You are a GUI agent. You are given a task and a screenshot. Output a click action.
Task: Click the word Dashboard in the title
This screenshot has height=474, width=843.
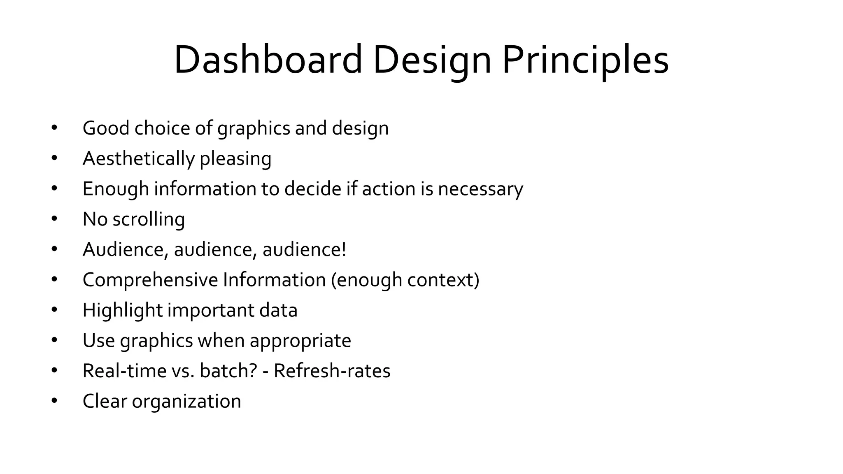[x=268, y=60]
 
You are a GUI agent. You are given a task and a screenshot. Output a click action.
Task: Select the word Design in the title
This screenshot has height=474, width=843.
[x=432, y=60]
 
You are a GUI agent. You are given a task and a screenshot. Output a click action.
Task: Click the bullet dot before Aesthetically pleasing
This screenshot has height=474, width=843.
[x=54, y=158]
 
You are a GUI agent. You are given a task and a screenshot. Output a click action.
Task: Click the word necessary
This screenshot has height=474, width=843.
[x=480, y=189]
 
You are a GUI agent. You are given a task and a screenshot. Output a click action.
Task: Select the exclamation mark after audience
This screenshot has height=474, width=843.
[x=344, y=249]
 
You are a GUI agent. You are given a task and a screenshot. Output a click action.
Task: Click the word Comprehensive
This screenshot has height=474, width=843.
[x=150, y=280]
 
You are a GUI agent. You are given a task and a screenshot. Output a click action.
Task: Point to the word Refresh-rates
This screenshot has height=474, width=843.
[x=332, y=371]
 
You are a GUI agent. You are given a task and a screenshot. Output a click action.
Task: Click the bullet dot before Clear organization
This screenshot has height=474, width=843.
[x=54, y=401]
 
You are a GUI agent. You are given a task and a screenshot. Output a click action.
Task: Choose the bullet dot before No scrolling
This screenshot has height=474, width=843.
[x=54, y=218]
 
